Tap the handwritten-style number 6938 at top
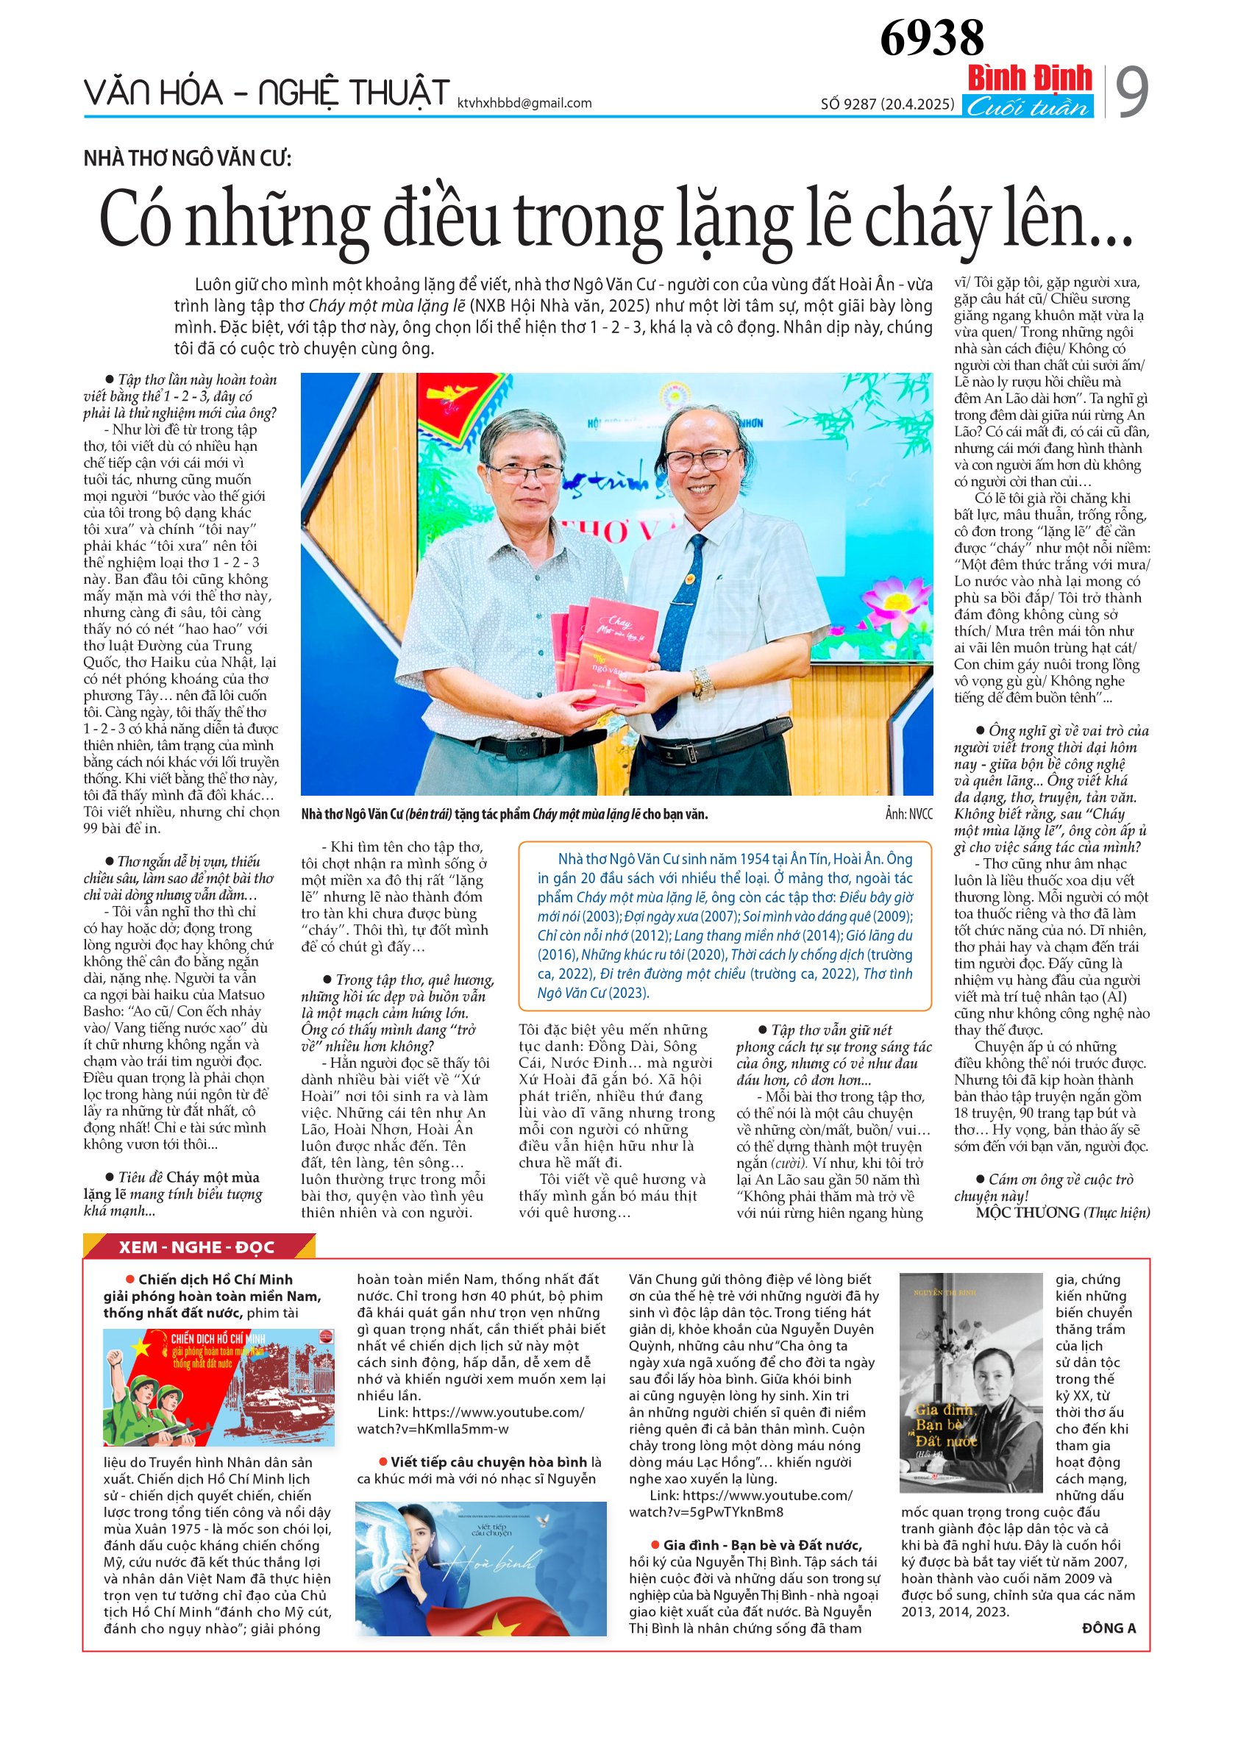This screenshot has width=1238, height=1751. (931, 38)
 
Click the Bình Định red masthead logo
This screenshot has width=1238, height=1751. (1029, 79)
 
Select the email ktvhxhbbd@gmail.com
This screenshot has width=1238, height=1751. (524, 103)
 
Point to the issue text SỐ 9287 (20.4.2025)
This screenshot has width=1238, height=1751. (887, 104)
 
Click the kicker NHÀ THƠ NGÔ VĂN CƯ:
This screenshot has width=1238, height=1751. (188, 159)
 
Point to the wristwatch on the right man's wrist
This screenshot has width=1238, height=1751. (702, 682)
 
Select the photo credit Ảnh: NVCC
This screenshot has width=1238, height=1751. (908, 814)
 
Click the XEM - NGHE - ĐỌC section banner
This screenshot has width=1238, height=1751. (197, 1248)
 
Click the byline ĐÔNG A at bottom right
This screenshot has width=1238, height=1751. (1109, 1628)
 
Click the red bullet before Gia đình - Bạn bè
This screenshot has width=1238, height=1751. (655, 1545)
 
